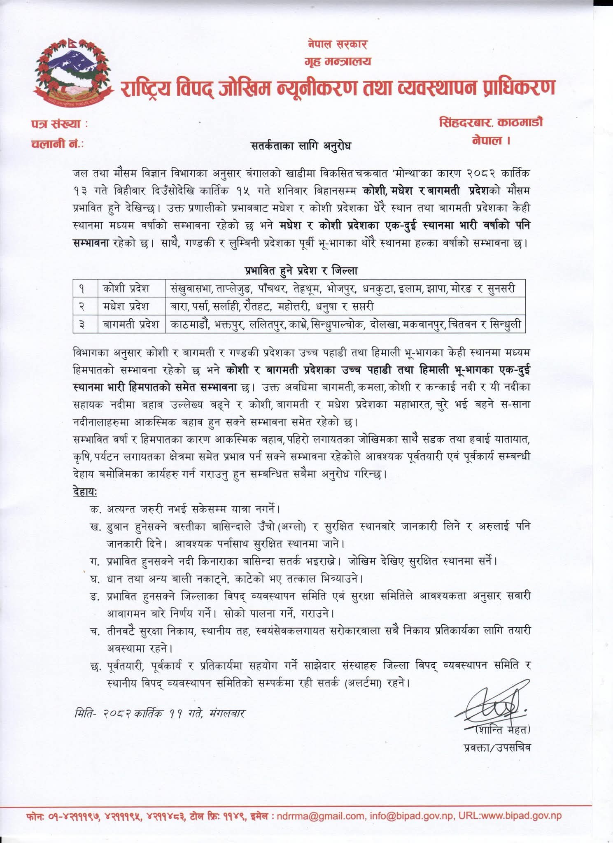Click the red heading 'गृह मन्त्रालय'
[x=338, y=61]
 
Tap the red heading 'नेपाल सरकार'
[x=337, y=44]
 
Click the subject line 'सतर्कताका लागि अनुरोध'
[x=301, y=146]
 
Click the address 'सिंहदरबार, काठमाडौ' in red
[x=491, y=122]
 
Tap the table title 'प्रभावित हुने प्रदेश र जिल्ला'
[x=301, y=270]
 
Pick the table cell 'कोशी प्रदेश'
[x=126, y=288]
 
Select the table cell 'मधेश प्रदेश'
[x=126, y=306]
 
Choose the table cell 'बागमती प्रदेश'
[x=131, y=324]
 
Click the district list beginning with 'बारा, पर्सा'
[x=272, y=306]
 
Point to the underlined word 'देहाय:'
[x=84, y=491]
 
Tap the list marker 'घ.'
[x=95, y=579]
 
